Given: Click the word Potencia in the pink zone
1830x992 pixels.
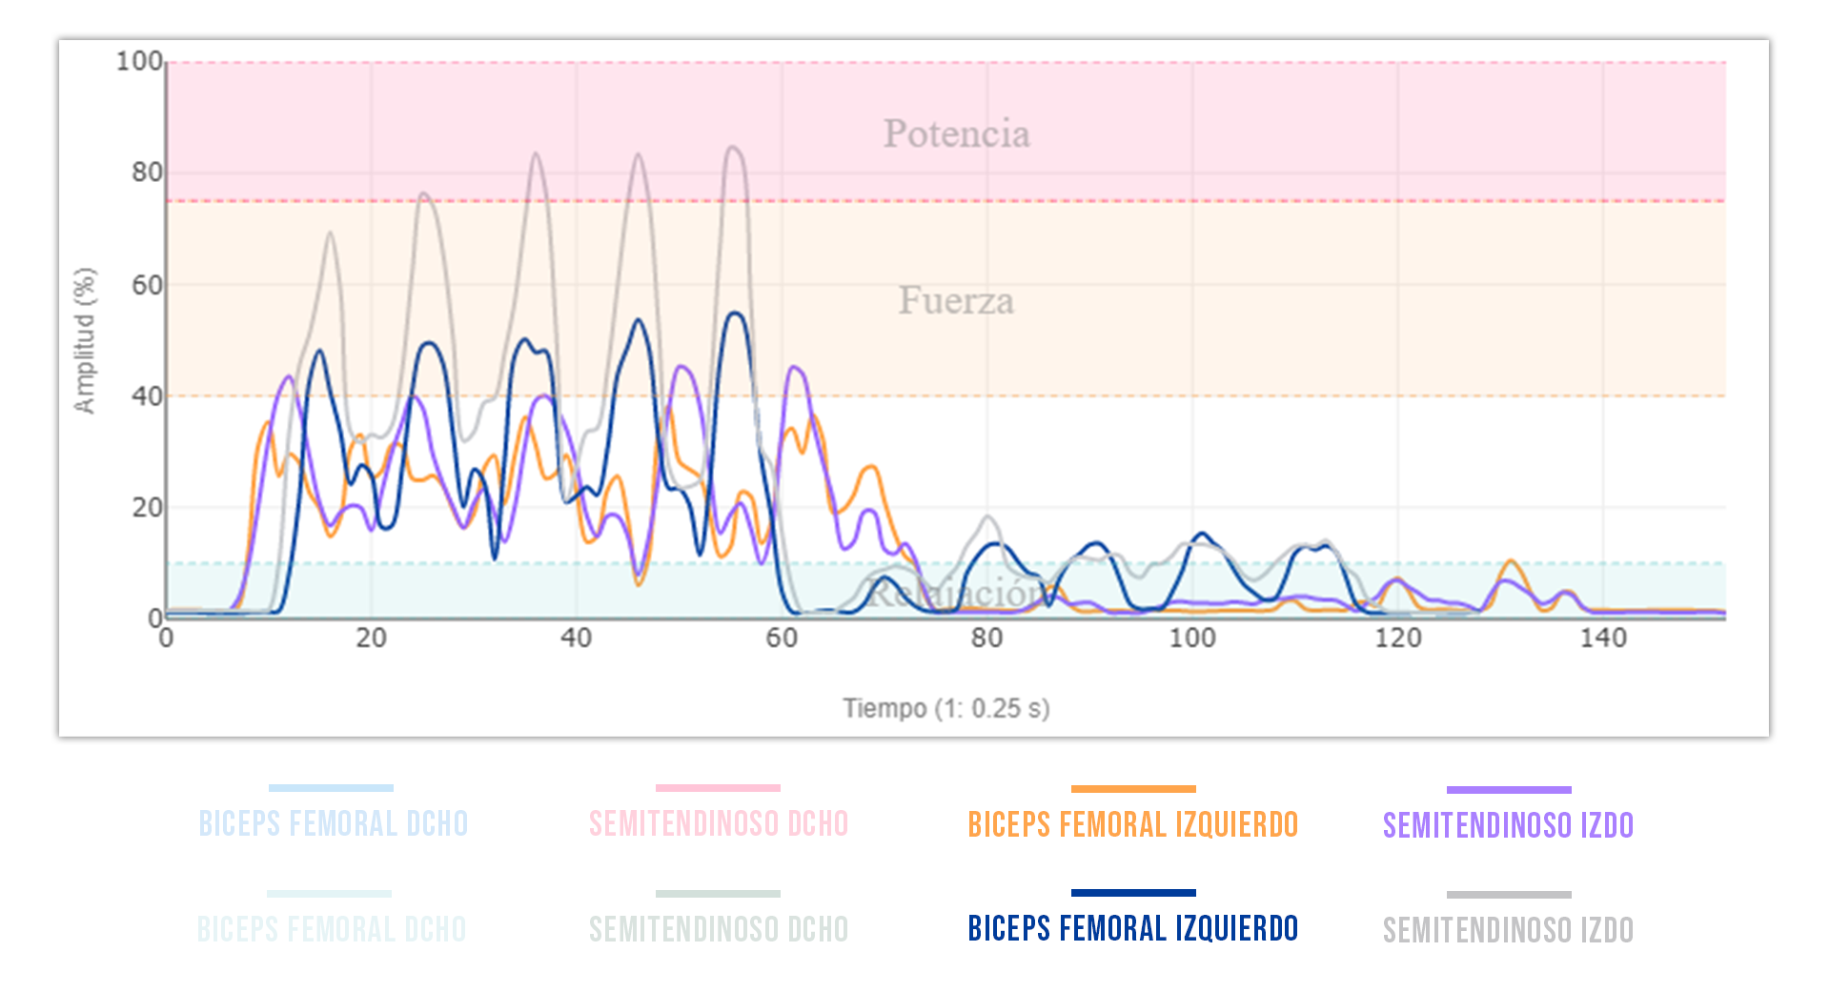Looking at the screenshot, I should tap(956, 134).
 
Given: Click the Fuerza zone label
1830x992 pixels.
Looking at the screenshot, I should tap(956, 301).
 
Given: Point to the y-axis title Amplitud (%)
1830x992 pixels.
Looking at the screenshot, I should tap(85, 340).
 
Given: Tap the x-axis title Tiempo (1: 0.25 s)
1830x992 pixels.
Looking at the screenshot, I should tap(945, 708).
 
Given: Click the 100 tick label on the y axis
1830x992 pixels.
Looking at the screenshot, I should tap(139, 62).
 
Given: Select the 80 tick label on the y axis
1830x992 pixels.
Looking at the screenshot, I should tap(147, 172).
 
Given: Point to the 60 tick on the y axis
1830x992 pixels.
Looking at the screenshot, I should tap(147, 285).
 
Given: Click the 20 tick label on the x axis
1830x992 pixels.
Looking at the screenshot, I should tap(371, 638).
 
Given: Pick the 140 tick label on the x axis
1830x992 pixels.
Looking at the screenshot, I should tap(1603, 638).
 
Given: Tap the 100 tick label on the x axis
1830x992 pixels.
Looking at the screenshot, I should tap(1192, 638).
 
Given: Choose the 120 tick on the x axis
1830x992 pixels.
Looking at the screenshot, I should tap(1398, 638).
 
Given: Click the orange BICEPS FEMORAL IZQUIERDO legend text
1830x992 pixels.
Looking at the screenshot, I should tap(1132, 824).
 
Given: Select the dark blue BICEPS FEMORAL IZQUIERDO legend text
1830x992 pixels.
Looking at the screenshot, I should tap(1132, 928).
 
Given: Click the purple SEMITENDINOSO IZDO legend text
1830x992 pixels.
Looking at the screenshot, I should tap(1508, 825).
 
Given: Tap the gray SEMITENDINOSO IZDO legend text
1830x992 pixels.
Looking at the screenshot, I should tap(1508, 930).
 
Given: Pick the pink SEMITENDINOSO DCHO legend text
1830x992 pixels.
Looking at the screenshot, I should tap(719, 824).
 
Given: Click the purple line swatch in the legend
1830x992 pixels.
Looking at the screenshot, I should tap(1508, 790).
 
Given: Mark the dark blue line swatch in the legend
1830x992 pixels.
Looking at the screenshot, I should tap(1132, 893).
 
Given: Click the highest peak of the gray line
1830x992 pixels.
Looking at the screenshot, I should tap(732, 147).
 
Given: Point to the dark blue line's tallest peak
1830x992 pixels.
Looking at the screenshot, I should tap(735, 313).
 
